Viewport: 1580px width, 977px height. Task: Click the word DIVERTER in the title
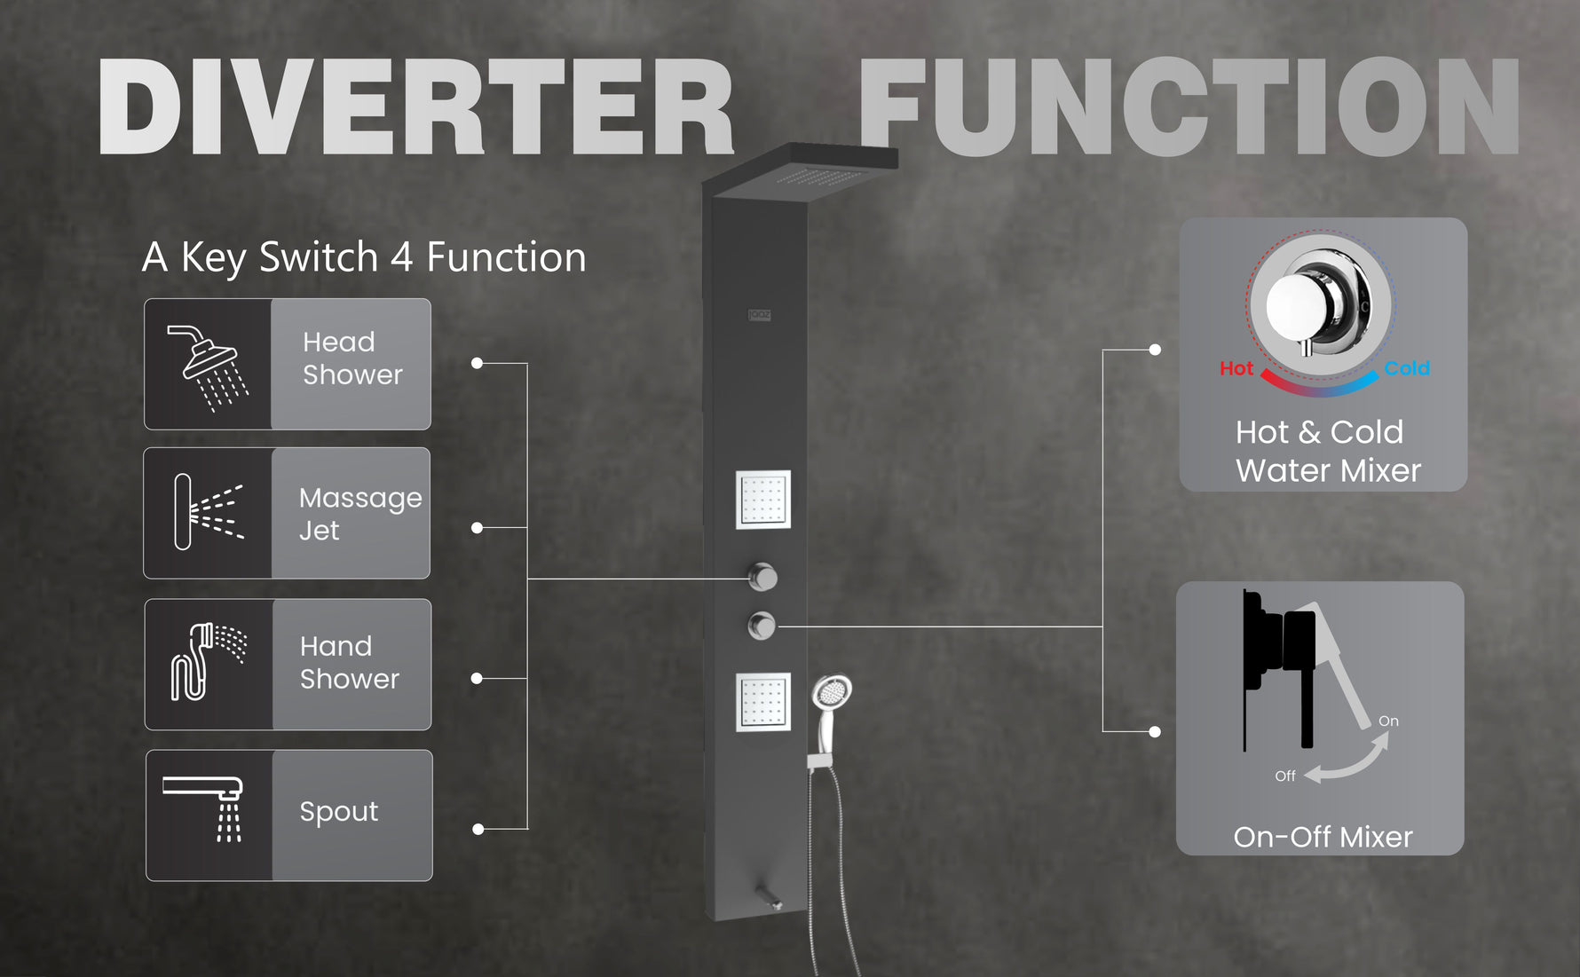point(415,108)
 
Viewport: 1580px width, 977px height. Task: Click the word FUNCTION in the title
point(1189,108)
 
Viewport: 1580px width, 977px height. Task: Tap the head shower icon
point(209,366)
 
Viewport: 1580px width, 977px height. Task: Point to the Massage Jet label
point(359,513)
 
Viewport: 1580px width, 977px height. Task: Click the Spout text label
point(338,812)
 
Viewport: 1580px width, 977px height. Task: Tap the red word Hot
point(1236,368)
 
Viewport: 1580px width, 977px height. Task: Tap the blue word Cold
point(1407,368)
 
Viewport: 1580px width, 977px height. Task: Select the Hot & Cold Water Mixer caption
point(1327,451)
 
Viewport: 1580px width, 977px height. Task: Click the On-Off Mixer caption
point(1323,837)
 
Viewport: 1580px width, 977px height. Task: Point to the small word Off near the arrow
point(1284,776)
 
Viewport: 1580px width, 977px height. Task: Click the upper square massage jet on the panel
point(762,500)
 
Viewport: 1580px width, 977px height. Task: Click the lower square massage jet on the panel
point(762,703)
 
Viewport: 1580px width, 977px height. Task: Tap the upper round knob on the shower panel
point(762,577)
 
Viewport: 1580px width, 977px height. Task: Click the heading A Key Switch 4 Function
point(364,257)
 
